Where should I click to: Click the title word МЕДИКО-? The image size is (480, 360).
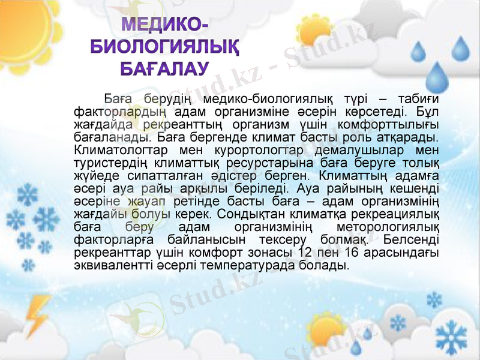point(166,25)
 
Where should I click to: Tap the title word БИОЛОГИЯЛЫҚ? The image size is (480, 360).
point(165,46)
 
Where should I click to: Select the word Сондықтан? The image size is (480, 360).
point(248,214)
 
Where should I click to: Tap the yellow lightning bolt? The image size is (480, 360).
point(38,315)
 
